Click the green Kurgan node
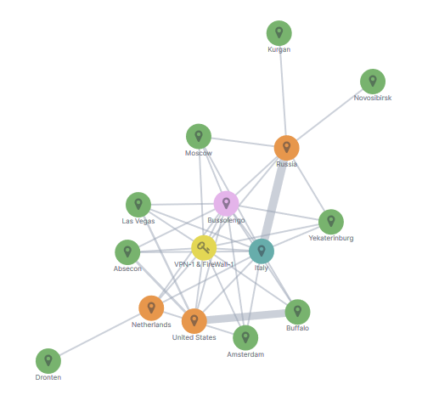tap(279, 33)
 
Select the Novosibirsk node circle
tap(373, 82)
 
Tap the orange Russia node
tap(286, 148)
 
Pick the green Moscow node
tap(199, 137)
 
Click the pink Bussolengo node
tap(226, 204)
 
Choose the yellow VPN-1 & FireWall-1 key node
tap(204, 248)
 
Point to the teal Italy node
tap(262, 251)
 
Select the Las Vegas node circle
tap(138, 205)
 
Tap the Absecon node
tap(127, 252)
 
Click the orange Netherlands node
tap(151, 308)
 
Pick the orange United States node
tap(194, 321)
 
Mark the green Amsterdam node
tap(245, 338)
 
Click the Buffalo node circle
tap(297, 312)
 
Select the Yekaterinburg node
tap(331, 222)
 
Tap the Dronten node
tap(48, 361)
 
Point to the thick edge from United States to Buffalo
tap(245, 317)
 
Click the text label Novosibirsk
tap(373, 98)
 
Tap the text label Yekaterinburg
tap(331, 238)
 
